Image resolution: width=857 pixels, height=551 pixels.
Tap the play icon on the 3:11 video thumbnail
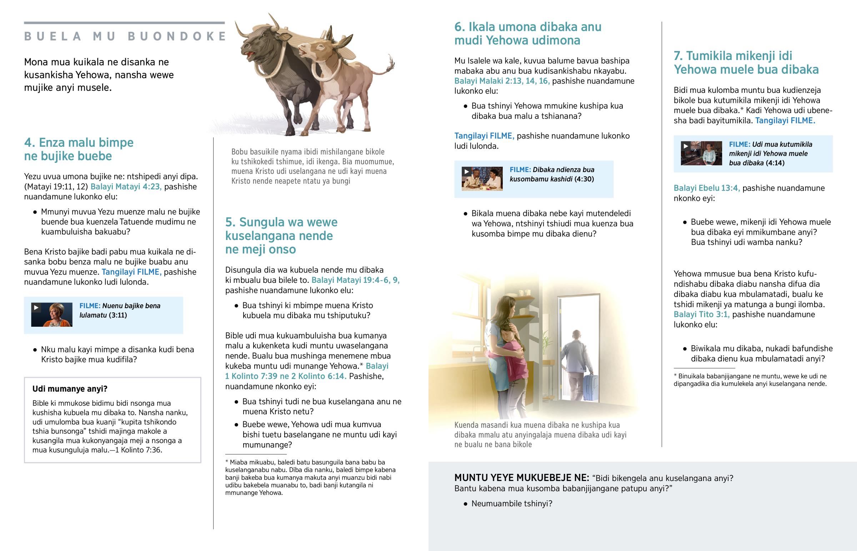coord(36,308)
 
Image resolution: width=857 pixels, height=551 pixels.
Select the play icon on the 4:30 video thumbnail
coord(466,172)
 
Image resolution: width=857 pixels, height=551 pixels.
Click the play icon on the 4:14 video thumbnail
coord(685,146)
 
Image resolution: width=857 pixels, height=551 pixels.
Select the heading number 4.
coord(29,143)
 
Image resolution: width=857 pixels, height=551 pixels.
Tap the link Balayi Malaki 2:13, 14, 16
coord(502,81)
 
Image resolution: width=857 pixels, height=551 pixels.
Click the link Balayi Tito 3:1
coord(701,315)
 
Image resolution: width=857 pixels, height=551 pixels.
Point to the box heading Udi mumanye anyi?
coord(70,389)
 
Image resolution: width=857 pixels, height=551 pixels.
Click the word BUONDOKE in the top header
coord(177,36)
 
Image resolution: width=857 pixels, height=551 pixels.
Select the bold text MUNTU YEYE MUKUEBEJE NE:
coord(521,478)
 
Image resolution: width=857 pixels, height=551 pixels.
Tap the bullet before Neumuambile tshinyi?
coord(465,504)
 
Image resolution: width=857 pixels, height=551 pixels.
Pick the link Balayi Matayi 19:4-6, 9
coord(355,280)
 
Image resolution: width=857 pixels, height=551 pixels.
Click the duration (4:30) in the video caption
coord(584,179)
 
